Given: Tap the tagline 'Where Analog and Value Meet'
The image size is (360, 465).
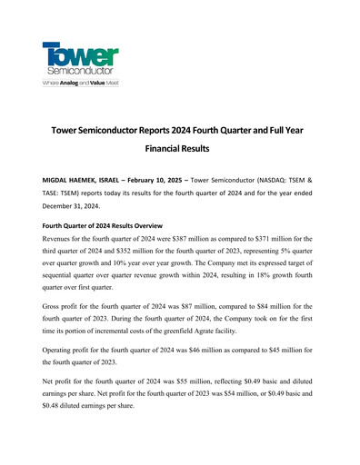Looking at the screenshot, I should coord(80,83).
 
